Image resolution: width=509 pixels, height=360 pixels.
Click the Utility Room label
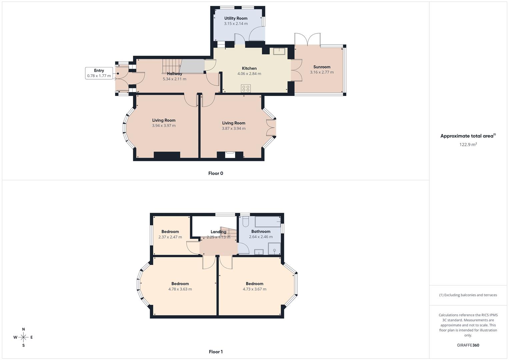click(x=236, y=18)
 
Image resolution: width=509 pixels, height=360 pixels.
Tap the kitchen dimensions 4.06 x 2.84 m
click(x=249, y=74)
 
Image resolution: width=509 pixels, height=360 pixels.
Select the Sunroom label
click(x=322, y=67)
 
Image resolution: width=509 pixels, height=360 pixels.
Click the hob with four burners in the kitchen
click(x=246, y=88)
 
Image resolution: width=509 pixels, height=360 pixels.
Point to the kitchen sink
click(x=279, y=51)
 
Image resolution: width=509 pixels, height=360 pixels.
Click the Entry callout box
click(x=99, y=73)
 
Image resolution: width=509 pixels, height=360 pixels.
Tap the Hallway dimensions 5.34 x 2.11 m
click(x=174, y=79)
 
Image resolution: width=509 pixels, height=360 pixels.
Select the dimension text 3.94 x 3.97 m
click(x=164, y=126)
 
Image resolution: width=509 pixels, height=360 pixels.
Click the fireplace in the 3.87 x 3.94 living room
click(x=230, y=154)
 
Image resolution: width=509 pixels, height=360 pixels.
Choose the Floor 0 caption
click(x=216, y=173)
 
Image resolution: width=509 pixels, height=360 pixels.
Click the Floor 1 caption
click(x=216, y=352)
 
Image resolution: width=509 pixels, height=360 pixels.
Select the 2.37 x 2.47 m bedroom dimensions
click(x=170, y=237)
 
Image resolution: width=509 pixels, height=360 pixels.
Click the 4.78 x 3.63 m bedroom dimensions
click(x=180, y=289)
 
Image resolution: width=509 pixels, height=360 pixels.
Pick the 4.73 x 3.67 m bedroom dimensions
click(x=254, y=289)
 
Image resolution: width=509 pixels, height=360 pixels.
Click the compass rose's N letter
click(x=23, y=329)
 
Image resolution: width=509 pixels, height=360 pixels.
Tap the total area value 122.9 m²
click(x=468, y=144)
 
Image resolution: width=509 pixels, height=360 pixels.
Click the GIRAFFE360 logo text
click(x=468, y=345)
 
